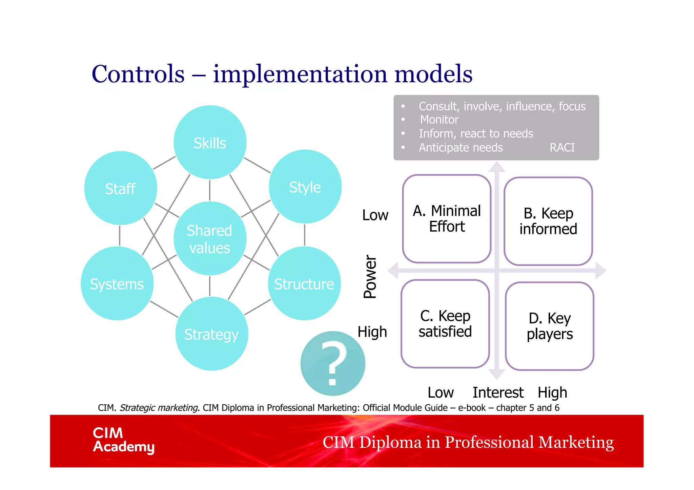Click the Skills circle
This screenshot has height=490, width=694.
point(210,143)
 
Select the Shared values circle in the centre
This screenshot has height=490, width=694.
point(210,239)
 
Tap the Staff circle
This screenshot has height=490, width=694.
point(121,188)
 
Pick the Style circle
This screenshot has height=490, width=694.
point(305,187)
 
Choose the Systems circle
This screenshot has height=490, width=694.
point(117,283)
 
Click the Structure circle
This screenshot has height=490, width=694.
point(304,283)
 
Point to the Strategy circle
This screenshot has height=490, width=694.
point(211,334)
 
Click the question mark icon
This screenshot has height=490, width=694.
point(333,363)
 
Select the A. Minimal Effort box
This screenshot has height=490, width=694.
point(447,219)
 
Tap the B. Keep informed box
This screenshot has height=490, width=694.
point(548,221)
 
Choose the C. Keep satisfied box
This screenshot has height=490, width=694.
point(445,324)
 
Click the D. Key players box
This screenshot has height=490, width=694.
point(549,326)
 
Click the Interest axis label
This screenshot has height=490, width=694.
point(498,393)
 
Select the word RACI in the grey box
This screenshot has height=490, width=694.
point(562,148)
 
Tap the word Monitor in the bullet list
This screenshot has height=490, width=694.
point(439,120)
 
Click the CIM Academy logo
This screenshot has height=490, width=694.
point(124,440)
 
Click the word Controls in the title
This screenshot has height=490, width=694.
point(138,74)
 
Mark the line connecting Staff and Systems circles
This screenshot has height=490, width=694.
point(120,236)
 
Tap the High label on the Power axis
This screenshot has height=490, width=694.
point(372,332)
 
